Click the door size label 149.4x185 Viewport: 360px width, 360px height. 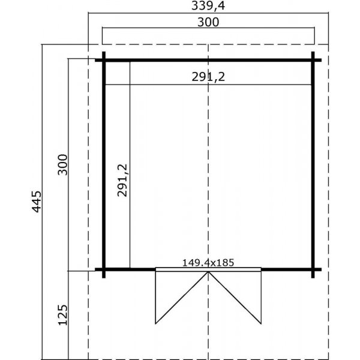(208, 262)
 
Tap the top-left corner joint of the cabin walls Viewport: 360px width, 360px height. (104, 60)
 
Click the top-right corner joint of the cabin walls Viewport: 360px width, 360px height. (313, 60)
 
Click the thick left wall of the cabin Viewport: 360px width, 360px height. (104, 165)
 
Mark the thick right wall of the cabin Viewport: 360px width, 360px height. (313, 165)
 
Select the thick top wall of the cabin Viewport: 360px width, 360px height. (208, 60)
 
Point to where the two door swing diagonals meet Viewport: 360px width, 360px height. (208, 272)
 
